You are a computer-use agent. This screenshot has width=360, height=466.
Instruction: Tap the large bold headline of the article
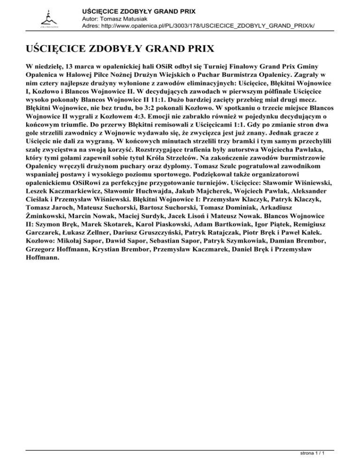click(120, 48)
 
